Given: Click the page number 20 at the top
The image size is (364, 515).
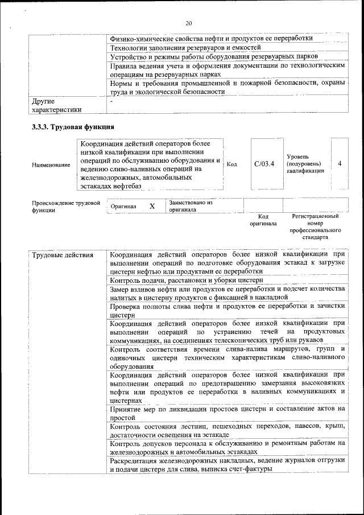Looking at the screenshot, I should pos(188,23).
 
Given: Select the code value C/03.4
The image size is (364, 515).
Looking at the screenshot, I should pos(264,164).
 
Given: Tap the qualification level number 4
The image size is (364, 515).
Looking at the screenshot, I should pos(340,164).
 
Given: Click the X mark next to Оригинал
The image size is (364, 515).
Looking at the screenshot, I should pos(152,207).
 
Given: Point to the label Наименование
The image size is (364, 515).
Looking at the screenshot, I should pos(51,165).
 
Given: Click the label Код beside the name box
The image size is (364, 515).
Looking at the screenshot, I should pos(231,164).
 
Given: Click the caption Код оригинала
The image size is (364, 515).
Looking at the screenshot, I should pos(263,220).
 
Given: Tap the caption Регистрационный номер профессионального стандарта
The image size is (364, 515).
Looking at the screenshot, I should pos(315,228).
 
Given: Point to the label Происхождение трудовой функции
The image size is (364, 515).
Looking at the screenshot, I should pos(66,206).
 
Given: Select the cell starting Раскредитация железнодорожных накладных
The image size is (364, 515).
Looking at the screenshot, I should pos(227,464).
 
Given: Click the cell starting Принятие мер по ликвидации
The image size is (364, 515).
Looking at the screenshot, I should pos(227,413).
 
